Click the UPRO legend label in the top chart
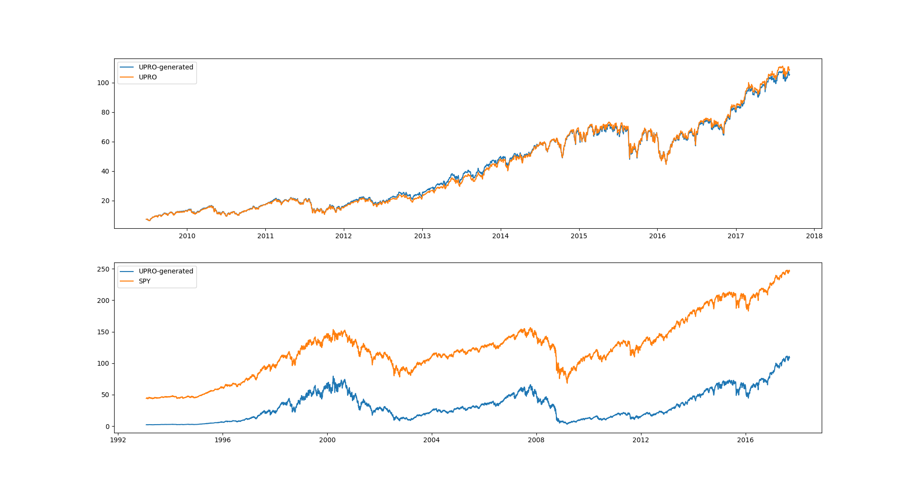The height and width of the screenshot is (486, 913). [x=147, y=77]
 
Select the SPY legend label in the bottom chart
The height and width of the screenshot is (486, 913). [x=145, y=281]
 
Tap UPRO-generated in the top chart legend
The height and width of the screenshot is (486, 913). [x=165, y=67]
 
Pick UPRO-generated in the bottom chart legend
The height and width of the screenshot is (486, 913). [x=165, y=271]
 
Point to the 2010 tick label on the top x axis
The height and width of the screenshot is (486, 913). [x=187, y=236]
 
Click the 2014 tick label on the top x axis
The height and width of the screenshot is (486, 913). [x=500, y=236]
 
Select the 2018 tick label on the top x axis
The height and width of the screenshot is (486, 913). [x=814, y=236]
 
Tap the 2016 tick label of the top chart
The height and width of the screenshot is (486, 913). [x=657, y=236]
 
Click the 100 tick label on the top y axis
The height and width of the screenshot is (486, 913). [x=103, y=83]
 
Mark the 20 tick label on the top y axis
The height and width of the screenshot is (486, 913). [x=105, y=201]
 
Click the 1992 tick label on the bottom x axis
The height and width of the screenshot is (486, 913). [x=118, y=440]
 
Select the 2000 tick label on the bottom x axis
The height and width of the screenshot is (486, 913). [x=327, y=440]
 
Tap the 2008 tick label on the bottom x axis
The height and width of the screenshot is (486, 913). [x=536, y=440]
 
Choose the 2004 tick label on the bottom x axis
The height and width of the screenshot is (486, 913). [x=432, y=440]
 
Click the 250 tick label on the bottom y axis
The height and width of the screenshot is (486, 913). [x=103, y=269]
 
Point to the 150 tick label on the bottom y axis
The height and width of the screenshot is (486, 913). [x=103, y=332]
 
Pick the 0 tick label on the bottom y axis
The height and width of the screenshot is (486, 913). [x=107, y=427]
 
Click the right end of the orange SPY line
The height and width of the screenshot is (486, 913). [x=789, y=271]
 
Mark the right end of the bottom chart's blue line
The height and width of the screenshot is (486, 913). [x=789, y=357]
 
